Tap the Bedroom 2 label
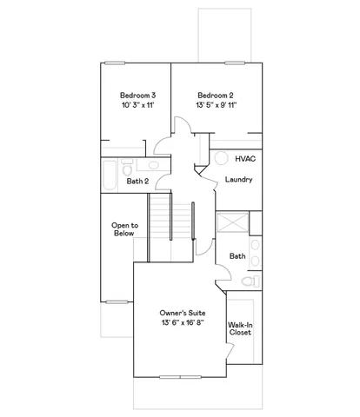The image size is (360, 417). click(x=216, y=95)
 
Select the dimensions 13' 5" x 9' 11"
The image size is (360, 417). click(x=216, y=104)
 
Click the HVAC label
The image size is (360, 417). click(x=245, y=160)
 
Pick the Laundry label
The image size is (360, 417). click(x=238, y=180)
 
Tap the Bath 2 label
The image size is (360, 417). click(x=137, y=182)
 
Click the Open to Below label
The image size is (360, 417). click(x=123, y=229)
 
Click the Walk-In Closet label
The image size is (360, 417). click(x=240, y=328)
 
